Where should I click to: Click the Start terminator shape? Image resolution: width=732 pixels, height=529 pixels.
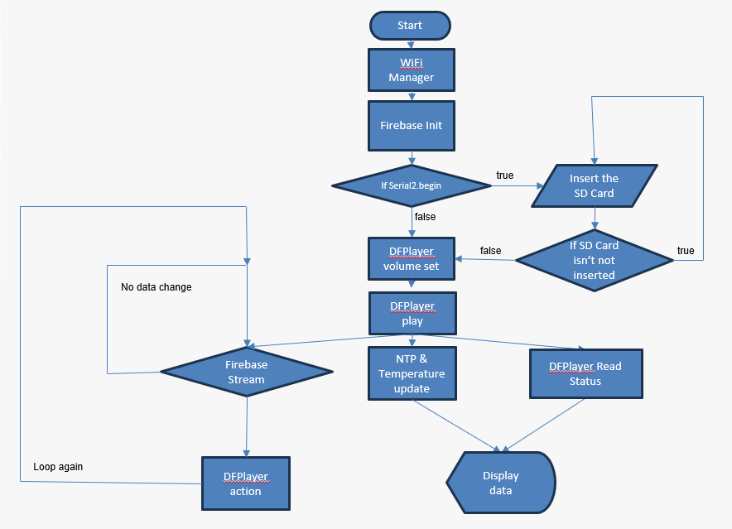tap(410, 26)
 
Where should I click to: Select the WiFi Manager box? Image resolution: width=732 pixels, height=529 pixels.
tap(412, 70)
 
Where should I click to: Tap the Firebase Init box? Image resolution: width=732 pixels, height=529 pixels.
tap(412, 126)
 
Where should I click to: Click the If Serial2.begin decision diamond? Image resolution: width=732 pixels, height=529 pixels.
tap(412, 185)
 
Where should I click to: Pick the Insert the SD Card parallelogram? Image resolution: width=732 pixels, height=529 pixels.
tap(594, 185)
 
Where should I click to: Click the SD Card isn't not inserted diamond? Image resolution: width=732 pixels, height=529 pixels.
tap(594, 260)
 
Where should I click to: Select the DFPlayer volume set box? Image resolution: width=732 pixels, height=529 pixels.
tap(412, 258)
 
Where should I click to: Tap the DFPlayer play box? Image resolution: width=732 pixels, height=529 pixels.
tap(412, 313)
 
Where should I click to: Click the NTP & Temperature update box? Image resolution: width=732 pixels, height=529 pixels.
tap(412, 373)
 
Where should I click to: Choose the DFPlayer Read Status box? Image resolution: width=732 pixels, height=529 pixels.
tap(585, 373)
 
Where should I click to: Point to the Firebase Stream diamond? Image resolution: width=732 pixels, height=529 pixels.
tap(246, 372)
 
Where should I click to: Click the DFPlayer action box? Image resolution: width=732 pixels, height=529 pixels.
tap(246, 483)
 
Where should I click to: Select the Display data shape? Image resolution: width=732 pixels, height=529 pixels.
tap(501, 483)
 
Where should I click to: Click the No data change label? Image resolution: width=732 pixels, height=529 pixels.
tap(156, 287)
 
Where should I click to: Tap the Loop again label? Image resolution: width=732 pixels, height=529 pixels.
tap(58, 467)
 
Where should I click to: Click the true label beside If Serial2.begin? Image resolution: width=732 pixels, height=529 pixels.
tap(504, 176)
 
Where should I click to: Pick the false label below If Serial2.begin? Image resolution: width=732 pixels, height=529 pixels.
tap(424, 217)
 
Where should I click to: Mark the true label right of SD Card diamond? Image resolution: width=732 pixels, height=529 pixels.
tap(686, 251)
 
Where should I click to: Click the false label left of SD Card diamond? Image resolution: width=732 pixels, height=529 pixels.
tap(490, 250)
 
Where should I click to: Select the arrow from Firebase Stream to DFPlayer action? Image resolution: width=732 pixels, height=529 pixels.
tap(246, 426)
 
